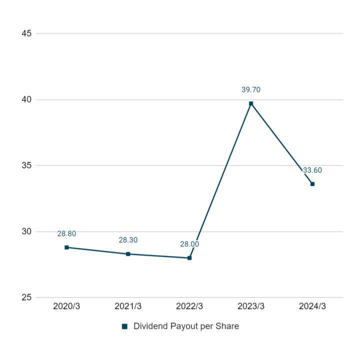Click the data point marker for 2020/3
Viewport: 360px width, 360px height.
tap(66, 247)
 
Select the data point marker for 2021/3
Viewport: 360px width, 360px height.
tap(128, 254)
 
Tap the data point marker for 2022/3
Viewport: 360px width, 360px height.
tap(189, 258)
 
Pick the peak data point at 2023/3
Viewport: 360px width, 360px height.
tap(251, 103)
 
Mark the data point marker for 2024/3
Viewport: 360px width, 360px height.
tap(312, 184)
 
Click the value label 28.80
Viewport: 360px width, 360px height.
tap(66, 233)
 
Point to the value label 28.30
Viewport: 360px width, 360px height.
tap(128, 240)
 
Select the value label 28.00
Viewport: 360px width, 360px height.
tap(189, 244)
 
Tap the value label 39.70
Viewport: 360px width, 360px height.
tap(251, 90)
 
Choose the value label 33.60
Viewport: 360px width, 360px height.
tap(312, 170)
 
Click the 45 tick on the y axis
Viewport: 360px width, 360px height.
tap(26, 33)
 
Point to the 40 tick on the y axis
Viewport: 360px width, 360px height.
tap(26, 99)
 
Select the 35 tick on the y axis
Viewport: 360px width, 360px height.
tap(26, 165)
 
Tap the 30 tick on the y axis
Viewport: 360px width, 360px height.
tap(26, 231)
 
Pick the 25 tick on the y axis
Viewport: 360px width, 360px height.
tap(26, 297)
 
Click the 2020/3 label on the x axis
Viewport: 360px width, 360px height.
tap(66, 306)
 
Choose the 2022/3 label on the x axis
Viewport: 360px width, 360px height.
tap(189, 306)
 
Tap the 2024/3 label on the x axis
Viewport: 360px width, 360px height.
tap(312, 306)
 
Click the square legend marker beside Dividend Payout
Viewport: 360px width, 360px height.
tap(124, 326)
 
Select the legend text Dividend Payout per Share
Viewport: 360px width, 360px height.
tap(186, 326)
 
